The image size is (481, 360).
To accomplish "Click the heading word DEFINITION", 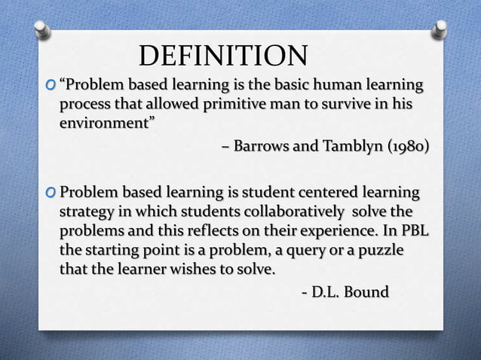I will pyautogui.click(x=224, y=56).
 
